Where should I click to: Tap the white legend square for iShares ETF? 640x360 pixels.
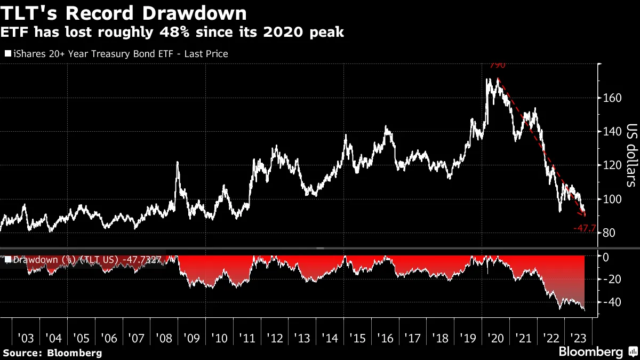click(x=7, y=54)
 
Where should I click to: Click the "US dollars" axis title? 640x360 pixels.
click(x=631, y=156)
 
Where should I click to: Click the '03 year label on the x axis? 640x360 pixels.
click(x=26, y=338)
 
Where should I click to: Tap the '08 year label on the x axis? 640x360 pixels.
click(x=164, y=338)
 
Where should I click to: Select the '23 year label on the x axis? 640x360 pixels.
click(x=578, y=338)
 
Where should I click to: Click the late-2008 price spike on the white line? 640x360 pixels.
click(x=177, y=163)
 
